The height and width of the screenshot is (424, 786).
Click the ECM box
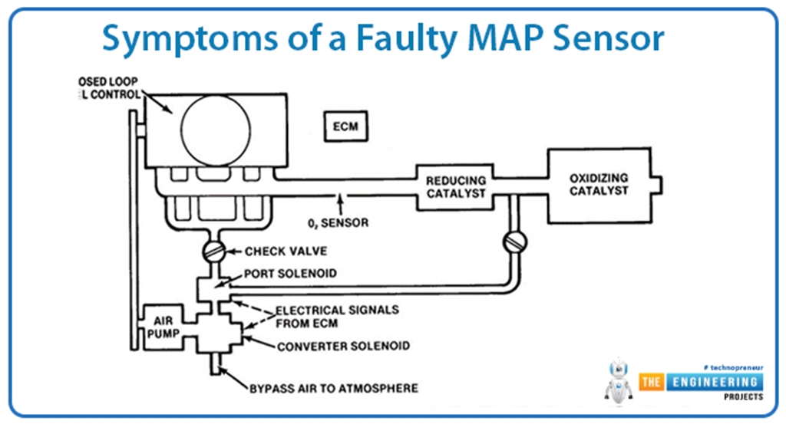(345, 127)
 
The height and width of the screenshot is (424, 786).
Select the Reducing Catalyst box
(456, 186)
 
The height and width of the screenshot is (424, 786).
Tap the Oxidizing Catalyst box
(599, 184)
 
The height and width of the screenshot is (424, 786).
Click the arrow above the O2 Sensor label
(338, 204)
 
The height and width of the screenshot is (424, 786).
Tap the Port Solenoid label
(283, 274)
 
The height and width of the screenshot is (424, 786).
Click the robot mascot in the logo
(619, 381)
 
